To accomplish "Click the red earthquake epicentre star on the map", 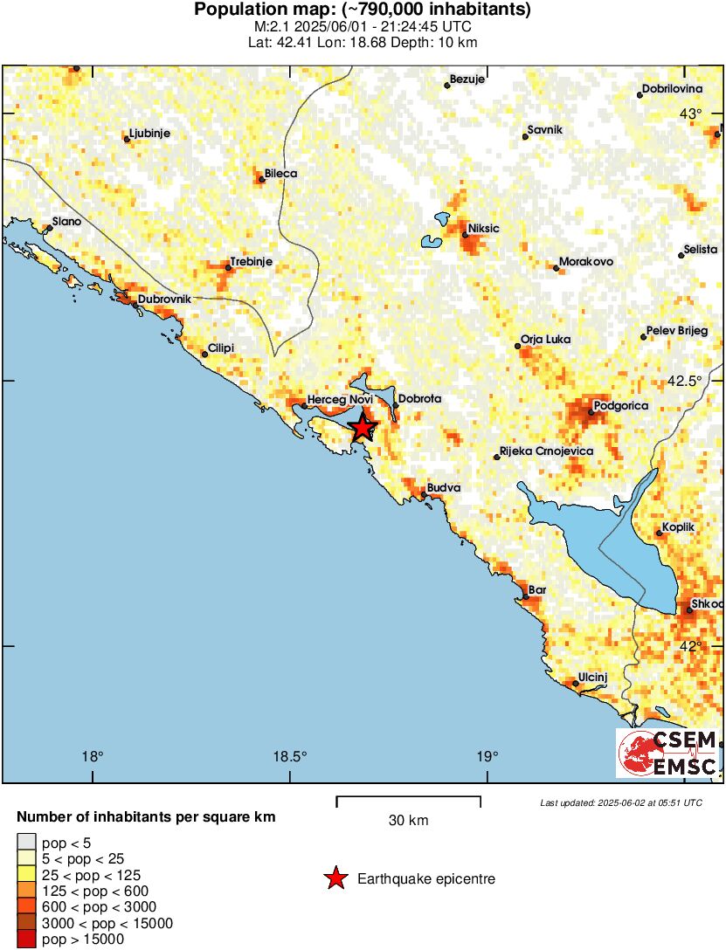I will [x=363, y=427].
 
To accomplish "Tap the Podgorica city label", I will [x=619, y=406].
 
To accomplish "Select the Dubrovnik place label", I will [x=164, y=299].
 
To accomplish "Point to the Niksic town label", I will [x=483, y=229].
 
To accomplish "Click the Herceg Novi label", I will [x=339, y=400].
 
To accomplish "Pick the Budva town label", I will [x=443, y=488].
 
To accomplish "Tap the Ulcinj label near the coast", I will [x=592, y=678].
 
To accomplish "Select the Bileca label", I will [x=280, y=174].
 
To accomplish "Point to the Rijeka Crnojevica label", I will [x=545, y=451].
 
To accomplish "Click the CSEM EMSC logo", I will [x=667, y=754].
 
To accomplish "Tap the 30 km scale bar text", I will [x=408, y=821].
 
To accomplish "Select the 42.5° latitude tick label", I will [x=689, y=381].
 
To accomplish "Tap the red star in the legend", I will [x=335, y=878].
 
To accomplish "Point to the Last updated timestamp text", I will [x=620, y=802].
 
